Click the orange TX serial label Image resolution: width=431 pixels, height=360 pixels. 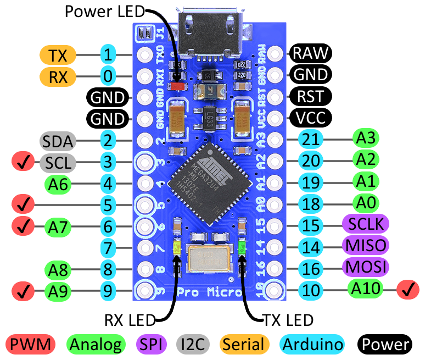click(57, 55)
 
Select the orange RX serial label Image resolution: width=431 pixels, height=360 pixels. click(57, 76)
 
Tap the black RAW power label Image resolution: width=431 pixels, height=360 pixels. click(311, 53)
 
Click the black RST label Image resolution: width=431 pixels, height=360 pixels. click(311, 96)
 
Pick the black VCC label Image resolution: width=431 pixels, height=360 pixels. click(311, 117)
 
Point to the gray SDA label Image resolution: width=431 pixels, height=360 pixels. click(57, 141)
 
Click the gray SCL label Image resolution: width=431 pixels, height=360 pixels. click(57, 162)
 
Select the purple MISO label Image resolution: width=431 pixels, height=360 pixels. click(365, 245)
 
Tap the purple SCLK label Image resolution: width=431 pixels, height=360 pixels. click(365, 224)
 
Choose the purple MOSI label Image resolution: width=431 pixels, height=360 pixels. click(365, 267)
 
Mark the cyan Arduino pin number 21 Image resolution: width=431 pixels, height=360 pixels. click(311, 140)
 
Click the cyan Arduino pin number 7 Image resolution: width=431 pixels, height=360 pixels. click(108, 247)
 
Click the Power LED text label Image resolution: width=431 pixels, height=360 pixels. click(104, 11)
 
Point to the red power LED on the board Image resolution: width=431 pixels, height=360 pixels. click(177, 86)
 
